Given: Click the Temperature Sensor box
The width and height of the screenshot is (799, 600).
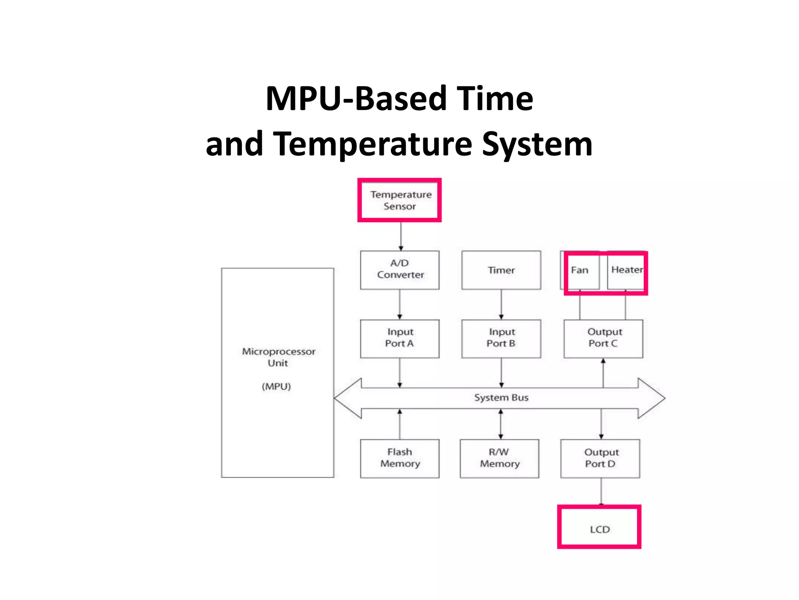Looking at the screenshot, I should tap(399, 200).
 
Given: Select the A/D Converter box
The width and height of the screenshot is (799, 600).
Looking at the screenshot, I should tap(399, 270).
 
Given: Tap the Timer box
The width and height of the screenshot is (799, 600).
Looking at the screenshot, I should tap(501, 270).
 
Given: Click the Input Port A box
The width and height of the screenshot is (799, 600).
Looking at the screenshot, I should tap(399, 338).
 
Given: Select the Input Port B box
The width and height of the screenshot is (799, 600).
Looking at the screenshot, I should tap(501, 338).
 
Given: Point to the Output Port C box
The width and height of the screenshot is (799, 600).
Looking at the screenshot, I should tap(603, 338).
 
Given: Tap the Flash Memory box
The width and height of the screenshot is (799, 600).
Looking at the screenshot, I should tap(399, 458).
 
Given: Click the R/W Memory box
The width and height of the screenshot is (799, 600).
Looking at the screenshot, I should tap(499, 458).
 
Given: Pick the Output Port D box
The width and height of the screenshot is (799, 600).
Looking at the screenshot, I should tap(600, 458).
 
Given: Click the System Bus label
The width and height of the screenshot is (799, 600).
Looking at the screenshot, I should tap(501, 398).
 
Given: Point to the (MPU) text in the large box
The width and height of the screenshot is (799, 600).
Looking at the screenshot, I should tap(276, 386).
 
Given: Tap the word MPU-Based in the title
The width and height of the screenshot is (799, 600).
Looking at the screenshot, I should tap(355, 98).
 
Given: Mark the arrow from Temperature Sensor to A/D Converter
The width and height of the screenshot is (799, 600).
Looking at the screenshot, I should tap(401, 236).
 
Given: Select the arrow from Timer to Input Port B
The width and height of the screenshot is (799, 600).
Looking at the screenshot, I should tap(501, 304).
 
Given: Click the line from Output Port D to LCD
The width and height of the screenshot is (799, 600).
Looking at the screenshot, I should tap(601, 491).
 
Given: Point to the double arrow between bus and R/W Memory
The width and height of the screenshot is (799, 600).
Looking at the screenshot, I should tap(501, 424).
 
